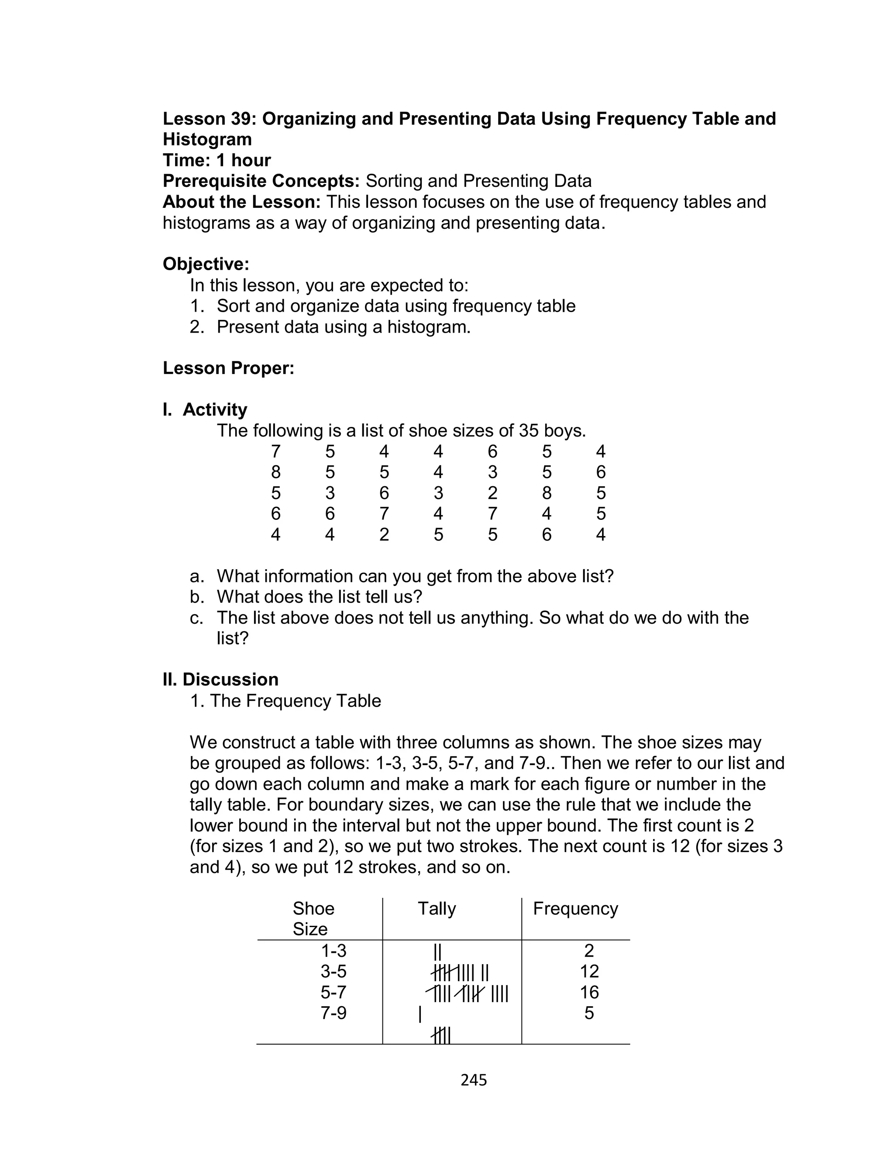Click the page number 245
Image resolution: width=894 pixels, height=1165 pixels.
point(474,1079)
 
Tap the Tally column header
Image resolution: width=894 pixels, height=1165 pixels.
point(437,908)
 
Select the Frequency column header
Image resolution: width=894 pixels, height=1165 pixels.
point(575,908)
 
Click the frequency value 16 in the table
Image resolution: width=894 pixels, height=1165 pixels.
point(589,992)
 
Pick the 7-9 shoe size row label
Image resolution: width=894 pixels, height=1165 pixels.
point(333,1012)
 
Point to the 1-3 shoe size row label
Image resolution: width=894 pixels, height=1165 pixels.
point(333,950)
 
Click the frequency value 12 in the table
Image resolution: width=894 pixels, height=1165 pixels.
point(589,971)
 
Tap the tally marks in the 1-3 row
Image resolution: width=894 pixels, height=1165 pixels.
point(437,951)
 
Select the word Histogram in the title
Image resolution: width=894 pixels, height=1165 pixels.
point(207,139)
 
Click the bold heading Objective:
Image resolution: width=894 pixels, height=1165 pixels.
point(206,264)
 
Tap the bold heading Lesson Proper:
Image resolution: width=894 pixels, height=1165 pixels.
point(228,368)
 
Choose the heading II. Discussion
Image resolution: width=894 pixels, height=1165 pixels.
point(220,679)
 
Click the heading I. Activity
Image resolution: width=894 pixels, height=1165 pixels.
point(205,409)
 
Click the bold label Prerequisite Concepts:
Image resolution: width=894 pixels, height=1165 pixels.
point(261,181)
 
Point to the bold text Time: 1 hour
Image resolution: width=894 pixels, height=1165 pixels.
point(217,160)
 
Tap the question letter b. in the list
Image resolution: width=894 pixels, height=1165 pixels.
point(197,597)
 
